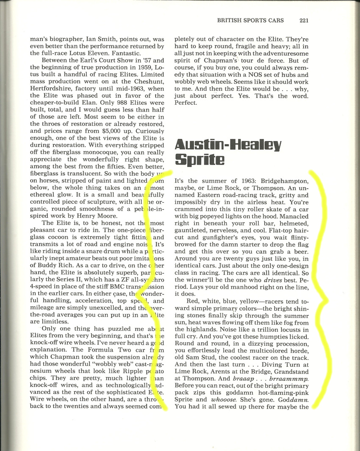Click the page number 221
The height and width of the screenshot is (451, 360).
[x=303, y=20]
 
